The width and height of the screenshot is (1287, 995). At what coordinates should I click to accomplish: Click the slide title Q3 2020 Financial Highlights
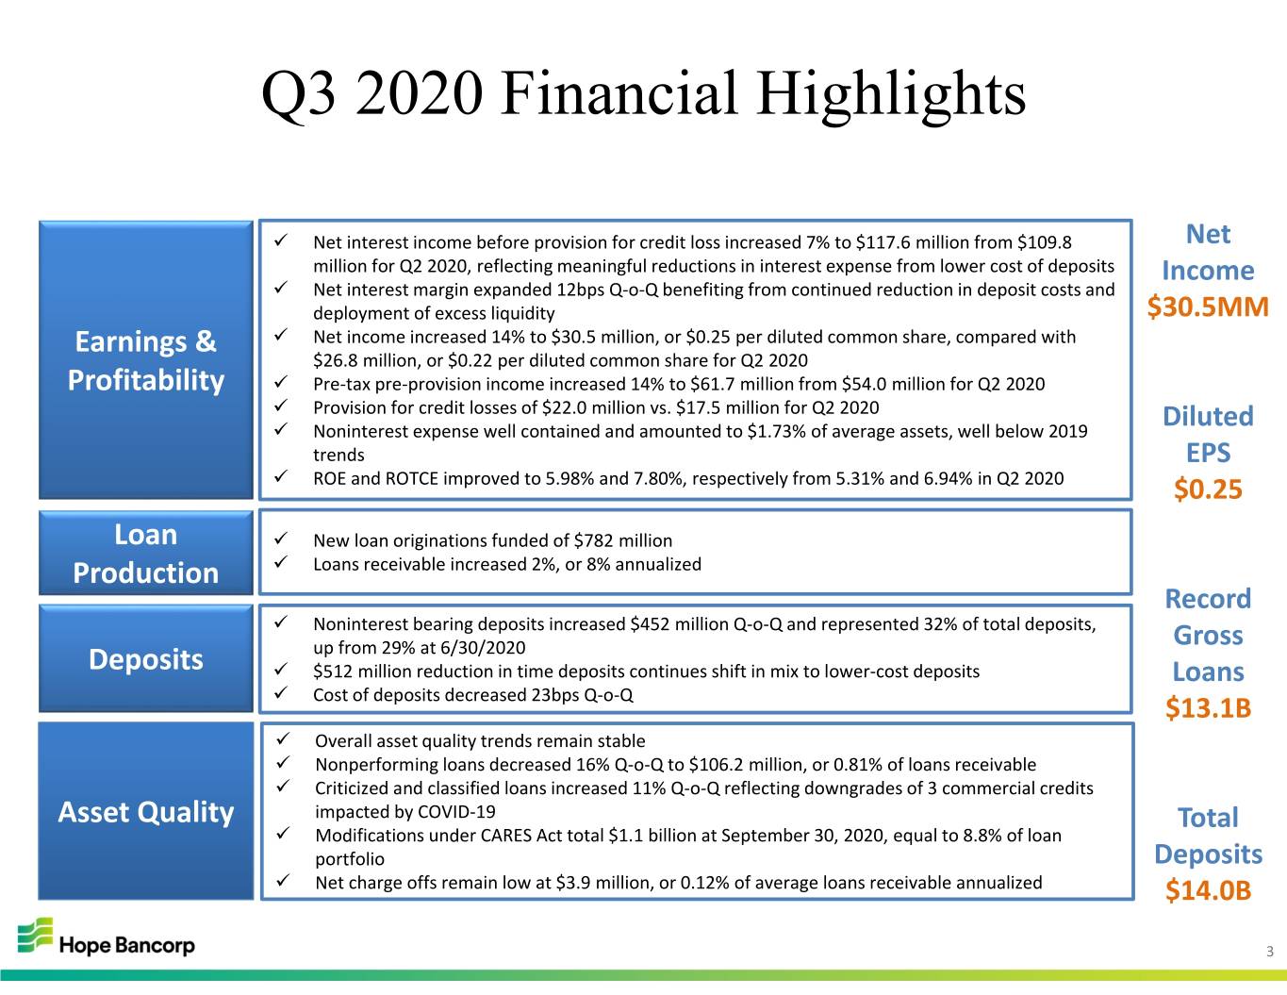643,94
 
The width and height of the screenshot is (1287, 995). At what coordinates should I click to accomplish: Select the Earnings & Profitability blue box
146,360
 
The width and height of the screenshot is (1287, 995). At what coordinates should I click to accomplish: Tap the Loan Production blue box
146,554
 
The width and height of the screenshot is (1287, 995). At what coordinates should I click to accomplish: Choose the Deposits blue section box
146,658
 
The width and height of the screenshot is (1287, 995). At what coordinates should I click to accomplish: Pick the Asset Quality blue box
146,811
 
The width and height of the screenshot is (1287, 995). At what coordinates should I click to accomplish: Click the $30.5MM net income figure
1208,307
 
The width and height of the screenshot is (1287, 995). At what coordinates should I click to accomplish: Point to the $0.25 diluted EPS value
1208,489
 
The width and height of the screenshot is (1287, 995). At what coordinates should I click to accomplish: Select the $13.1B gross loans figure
1208,707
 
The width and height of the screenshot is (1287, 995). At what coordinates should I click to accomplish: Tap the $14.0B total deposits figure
1208,890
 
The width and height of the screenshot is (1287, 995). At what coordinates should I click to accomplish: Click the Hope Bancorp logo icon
36,936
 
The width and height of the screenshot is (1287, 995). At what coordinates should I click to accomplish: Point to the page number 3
1270,952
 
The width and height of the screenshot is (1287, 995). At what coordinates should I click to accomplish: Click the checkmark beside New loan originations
281,539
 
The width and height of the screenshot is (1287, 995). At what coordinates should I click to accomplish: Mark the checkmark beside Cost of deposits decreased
281,692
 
